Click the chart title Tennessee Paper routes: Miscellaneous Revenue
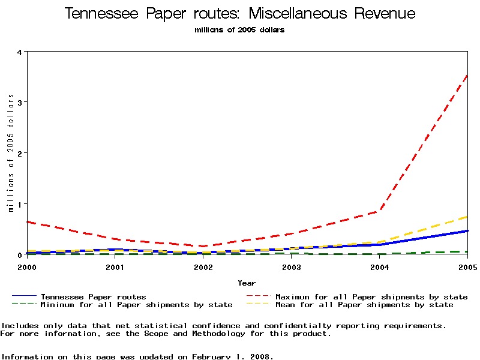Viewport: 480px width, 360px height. [x=239, y=14]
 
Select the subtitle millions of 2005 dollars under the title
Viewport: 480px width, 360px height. [x=239, y=30]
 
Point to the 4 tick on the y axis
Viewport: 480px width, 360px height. [x=20, y=52]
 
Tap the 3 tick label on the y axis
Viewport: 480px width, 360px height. [x=20, y=103]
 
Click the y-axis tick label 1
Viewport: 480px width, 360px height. [x=20, y=204]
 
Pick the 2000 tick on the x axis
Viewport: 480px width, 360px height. [x=27, y=266]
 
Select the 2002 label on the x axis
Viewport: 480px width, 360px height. [x=203, y=266]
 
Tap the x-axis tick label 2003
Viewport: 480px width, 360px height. [x=292, y=266]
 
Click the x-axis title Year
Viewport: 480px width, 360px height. [x=247, y=283]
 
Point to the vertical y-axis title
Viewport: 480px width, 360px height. [x=11, y=162]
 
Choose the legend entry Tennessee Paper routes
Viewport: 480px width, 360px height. [x=93, y=296]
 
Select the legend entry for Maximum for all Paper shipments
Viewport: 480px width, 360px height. [x=371, y=296]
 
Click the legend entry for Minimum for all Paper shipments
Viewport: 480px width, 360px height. [x=136, y=305]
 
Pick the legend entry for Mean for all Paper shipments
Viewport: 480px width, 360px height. [x=364, y=305]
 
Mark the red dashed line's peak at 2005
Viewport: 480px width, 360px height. [x=467, y=76]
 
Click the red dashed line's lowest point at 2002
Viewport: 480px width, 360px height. [x=203, y=246]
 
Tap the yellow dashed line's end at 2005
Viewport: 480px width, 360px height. [x=467, y=217]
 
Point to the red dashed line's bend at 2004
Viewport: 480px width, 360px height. [x=380, y=211]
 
